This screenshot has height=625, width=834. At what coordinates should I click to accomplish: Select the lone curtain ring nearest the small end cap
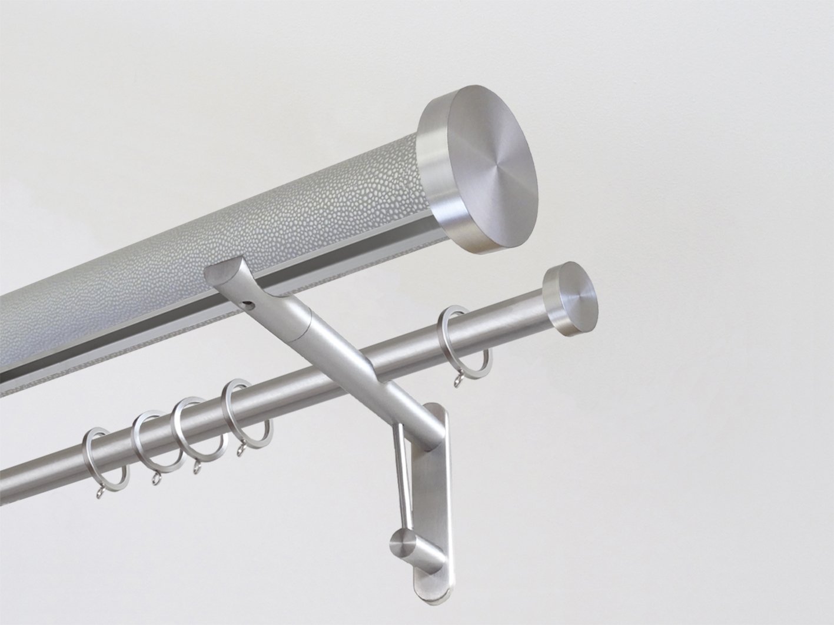[450, 338]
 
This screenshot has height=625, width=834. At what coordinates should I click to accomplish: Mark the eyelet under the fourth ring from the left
[241, 451]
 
